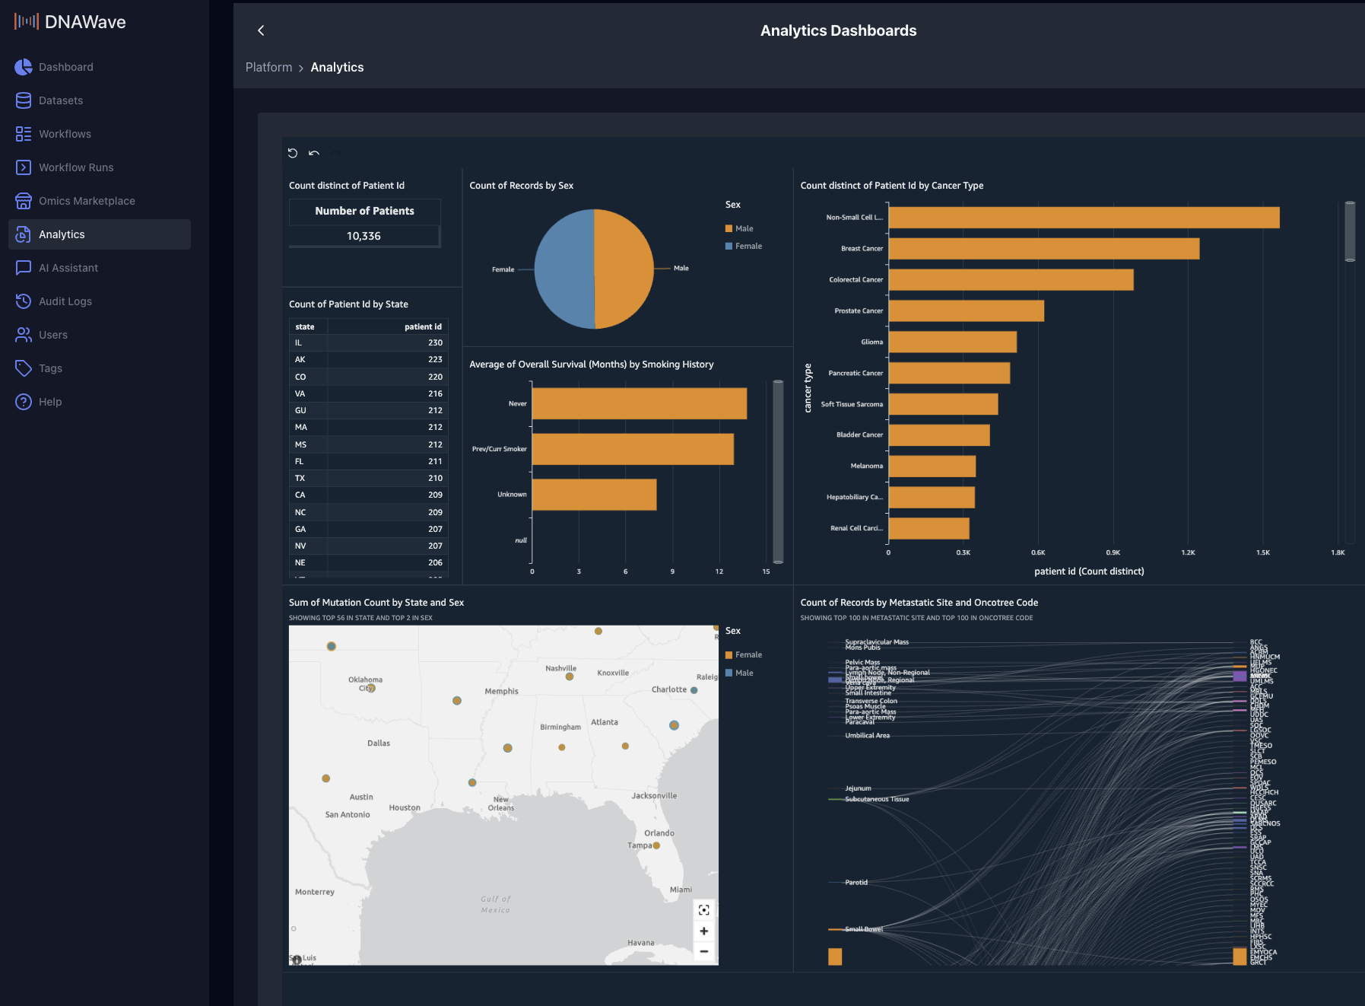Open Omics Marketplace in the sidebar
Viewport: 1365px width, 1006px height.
(87, 201)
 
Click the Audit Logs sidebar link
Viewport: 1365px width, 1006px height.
(65, 301)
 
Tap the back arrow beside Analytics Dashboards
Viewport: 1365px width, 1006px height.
(261, 30)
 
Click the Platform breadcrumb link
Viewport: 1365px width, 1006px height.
(268, 68)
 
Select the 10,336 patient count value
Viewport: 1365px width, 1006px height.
(363, 236)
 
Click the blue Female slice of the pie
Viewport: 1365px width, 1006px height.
(563, 269)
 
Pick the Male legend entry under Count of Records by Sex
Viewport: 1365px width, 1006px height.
(743, 228)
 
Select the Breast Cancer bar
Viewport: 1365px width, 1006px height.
(1043, 249)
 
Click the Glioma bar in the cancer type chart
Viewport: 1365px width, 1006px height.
(952, 342)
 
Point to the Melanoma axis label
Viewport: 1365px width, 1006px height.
(866, 466)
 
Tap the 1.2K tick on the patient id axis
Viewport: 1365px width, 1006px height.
(1188, 552)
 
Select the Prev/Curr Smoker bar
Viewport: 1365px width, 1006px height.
(632, 449)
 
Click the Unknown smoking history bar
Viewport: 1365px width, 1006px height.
(594, 495)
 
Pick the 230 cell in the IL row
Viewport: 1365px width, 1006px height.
(435, 342)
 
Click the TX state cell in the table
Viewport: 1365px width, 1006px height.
(300, 478)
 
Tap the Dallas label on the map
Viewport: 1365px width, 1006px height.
(379, 743)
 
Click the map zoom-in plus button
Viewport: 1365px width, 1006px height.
(704, 931)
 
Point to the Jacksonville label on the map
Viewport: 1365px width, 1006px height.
(654, 796)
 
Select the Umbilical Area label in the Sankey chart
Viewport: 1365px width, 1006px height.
(867, 736)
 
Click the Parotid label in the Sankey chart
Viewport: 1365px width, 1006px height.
(856, 883)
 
